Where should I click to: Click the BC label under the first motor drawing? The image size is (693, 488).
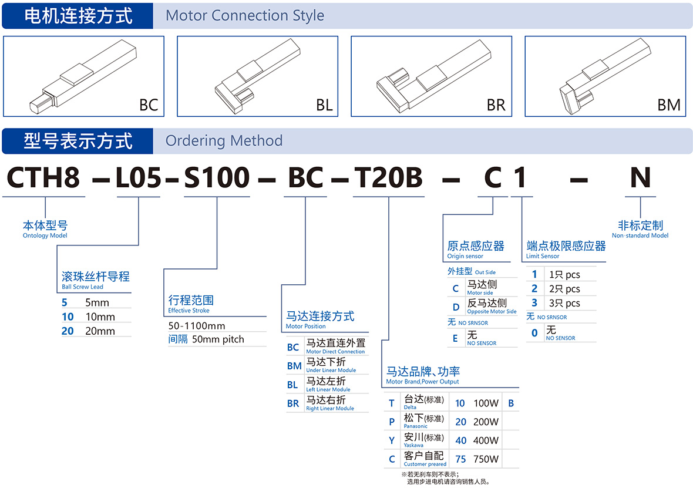click(x=149, y=105)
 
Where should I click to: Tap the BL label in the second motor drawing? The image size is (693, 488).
click(x=324, y=105)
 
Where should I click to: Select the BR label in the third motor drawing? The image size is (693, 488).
click(x=496, y=105)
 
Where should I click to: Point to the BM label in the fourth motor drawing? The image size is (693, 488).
click(x=669, y=105)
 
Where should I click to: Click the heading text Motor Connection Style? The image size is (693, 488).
click(x=245, y=15)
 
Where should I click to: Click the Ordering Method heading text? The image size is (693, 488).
click(x=224, y=141)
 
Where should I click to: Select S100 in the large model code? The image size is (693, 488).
click(x=217, y=177)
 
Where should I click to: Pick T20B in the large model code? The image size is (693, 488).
click(x=388, y=177)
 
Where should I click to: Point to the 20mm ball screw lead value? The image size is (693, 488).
click(x=100, y=331)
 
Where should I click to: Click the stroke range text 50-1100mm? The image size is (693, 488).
click(x=197, y=326)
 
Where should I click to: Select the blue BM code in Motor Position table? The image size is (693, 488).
click(x=294, y=366)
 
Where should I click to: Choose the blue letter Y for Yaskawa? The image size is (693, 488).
click(x=392, y=440)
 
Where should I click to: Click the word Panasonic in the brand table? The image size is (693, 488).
click(x=416, y=426)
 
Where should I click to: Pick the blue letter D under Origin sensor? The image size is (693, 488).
click(x=455, y=307)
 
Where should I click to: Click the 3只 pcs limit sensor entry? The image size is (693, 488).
click(x=564, y=303)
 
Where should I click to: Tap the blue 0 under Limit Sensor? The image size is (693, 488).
click(x=534, y=333)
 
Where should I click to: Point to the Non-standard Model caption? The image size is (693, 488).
click(x=640, y=235)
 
